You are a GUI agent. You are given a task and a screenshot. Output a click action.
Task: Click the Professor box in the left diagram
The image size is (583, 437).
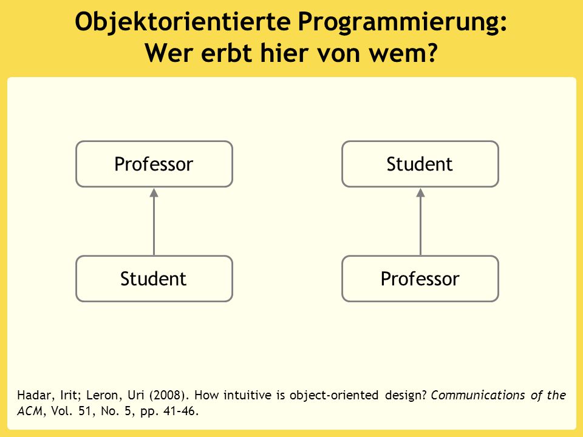tap(154, 164)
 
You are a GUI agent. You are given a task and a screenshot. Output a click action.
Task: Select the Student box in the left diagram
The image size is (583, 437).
tap(154, 279)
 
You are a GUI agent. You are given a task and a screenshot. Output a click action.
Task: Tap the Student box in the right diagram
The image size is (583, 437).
tap(420, 164)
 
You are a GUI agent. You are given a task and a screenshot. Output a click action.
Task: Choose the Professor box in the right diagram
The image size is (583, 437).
tap(420, 279)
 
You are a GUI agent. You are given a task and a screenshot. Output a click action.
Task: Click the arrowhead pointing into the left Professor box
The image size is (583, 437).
tap(154, 192)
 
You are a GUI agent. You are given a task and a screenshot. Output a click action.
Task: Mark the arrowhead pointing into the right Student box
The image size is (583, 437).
tap(420, 192)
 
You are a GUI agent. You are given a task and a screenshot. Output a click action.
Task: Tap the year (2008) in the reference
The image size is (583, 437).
tap(168, 395)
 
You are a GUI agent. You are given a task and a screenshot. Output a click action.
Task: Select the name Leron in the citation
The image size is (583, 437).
tap(104, 395)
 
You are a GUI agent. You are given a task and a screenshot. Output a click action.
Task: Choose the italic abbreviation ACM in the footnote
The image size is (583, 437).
tap(30, 411)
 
